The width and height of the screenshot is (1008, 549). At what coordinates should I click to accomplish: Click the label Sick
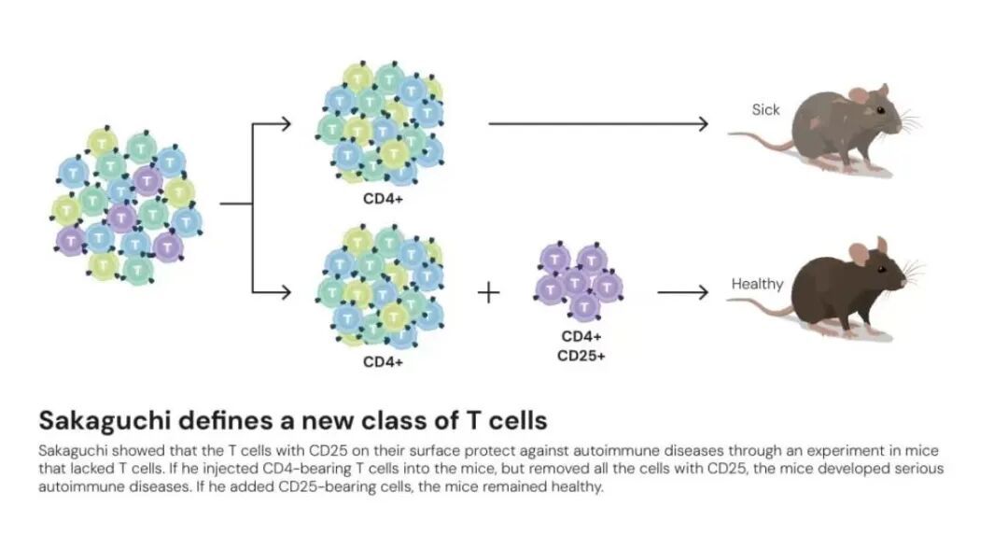click(765, 110)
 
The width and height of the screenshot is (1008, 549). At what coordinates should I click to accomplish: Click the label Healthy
click(757, 284)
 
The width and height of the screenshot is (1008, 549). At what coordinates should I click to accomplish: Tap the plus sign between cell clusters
click(488, 292)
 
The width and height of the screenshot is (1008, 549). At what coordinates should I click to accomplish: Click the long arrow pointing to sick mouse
click(597, 123)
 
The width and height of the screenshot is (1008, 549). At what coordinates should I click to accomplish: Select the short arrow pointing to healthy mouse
click(683, 292)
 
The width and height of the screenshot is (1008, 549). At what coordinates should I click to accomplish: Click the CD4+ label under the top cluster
click(383, 198)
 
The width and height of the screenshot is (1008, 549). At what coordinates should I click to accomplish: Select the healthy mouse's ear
click(859, 250)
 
